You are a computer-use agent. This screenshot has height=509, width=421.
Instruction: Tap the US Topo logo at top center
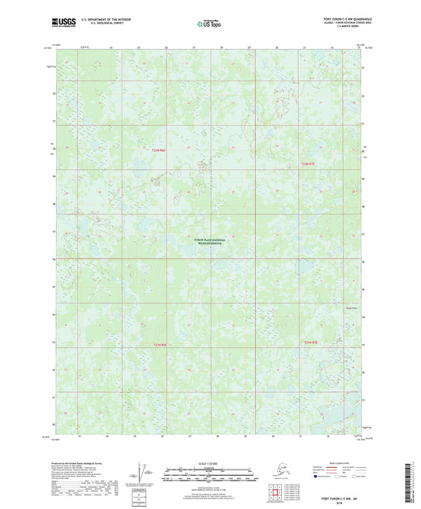(209, 24)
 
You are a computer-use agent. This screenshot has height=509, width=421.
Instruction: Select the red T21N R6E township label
(160, 344)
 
